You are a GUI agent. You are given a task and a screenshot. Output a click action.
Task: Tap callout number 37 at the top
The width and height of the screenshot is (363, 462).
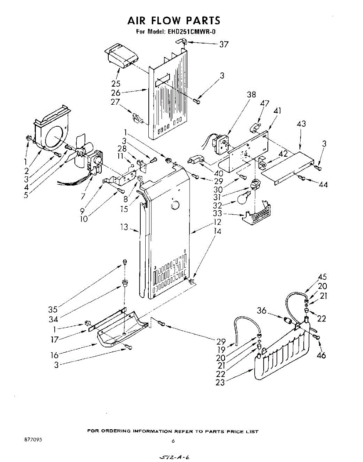pos(224,44)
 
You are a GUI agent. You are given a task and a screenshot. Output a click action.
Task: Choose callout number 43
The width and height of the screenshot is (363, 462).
pos(301,124)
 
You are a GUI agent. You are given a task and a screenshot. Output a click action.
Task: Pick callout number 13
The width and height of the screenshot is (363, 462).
pos(124,228)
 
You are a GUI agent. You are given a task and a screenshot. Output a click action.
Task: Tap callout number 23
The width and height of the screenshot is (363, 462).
pos(220,383)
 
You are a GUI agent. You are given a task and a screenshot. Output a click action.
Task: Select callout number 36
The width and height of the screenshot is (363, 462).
pos(262,311)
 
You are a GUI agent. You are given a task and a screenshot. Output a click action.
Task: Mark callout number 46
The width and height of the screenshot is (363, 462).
pos(321,355)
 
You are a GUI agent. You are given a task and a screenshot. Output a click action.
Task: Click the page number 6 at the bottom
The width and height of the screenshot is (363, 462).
pos(173,441)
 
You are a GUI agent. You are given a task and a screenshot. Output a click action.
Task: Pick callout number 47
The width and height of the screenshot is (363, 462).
pos(265,103)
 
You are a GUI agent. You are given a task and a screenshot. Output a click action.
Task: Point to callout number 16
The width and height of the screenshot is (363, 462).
pos(54,355)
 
